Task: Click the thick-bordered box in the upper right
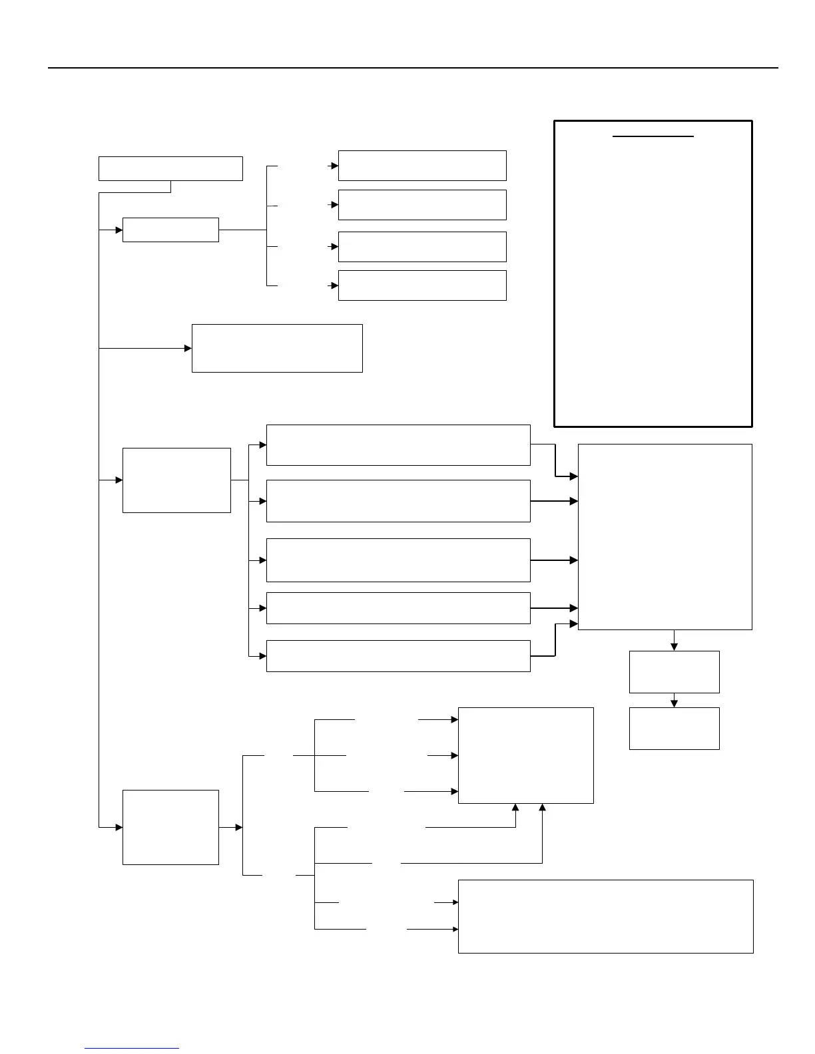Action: tap(653, 273)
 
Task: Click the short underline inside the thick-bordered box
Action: tap(653, 136)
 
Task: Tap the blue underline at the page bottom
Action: tap(132, 1048)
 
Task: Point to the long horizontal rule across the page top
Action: tap(413, 68)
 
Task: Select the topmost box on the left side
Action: tap(170, 168)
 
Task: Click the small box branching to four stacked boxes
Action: tap(170, 230)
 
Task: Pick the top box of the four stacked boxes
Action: tap(422, 166)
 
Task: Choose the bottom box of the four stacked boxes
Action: tap(422, 285)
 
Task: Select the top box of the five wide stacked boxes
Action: tap(398, 445)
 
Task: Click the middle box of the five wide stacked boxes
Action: tap(398, 560)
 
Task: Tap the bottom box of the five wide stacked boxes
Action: tap(398, 656)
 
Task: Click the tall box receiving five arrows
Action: tap(665, 537)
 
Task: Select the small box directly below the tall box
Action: tap(674, 672)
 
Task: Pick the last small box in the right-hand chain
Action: tap(674, 729)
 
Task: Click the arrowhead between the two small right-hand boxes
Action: tap(674, 703)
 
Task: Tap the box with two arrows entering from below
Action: tap(525, 755)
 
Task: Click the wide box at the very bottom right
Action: tap(605, 916)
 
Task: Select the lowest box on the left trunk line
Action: tap(170, 827)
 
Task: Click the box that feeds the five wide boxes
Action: tap(176, 480)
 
